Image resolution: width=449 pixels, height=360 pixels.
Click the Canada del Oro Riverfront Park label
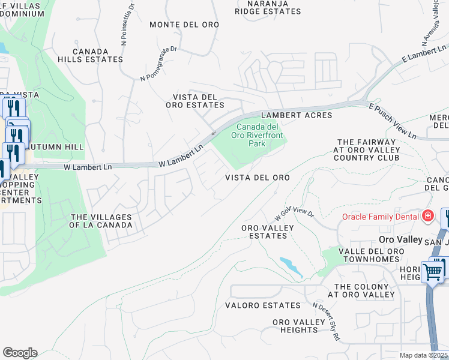click(256, 135)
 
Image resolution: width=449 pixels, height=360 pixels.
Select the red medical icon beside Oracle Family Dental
click(427, 215)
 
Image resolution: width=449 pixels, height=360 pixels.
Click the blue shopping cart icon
click(433, 272)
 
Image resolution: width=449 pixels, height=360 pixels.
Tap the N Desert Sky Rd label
click(327, 322)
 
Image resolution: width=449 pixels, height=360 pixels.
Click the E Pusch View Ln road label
click(393, 121)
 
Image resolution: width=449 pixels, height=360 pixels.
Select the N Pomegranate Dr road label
click(159, 64)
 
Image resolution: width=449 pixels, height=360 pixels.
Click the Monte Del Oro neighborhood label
click(184, 25)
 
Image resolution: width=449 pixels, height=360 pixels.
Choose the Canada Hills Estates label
click(98, 55)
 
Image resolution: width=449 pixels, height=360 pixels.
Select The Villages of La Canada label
click(101, 221)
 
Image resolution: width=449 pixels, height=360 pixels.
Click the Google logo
click(20, 353)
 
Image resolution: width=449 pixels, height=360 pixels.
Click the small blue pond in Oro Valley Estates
click(291, 266)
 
